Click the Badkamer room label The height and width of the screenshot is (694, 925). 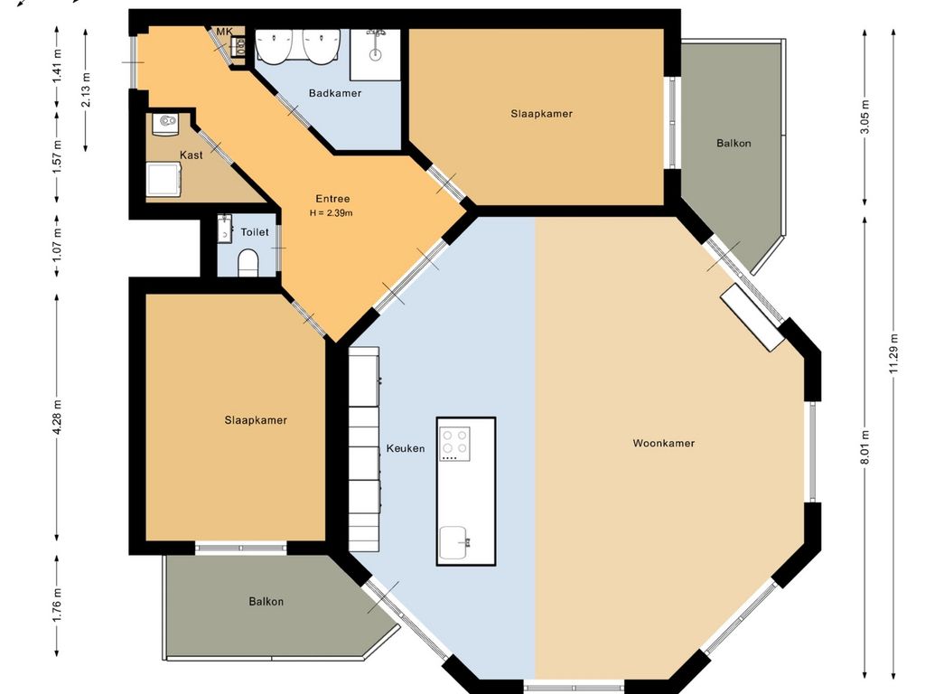coord(335,93)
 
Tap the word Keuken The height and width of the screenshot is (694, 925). coord(406,448)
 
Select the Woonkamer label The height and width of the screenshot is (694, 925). coord(664,443)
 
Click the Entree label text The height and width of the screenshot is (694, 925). coord(332,199)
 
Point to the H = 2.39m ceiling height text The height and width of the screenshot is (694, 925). coord(332,213)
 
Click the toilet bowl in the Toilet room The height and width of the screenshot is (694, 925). coord(248,263)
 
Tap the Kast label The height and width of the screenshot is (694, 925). coord(192,155)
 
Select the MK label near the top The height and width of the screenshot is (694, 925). coord(224,32)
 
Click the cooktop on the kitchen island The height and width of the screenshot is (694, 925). coord(455,444)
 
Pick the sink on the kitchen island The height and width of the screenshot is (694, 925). coord(456,543)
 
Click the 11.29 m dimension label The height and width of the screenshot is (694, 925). coord(893,353)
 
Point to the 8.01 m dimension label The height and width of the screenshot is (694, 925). coord(864,446)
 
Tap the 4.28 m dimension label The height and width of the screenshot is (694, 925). coord(57,417)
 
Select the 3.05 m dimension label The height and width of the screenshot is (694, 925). coord(864,117)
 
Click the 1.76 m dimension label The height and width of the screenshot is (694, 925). coord(57,605)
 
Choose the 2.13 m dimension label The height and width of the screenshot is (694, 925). coord(86,89)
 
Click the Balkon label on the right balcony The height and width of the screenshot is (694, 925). coord(733,143)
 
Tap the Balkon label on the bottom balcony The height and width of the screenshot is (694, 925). coord(266,601)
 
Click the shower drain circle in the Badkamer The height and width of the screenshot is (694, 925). coord(375,55)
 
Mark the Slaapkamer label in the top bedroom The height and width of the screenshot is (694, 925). coord(542,114)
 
